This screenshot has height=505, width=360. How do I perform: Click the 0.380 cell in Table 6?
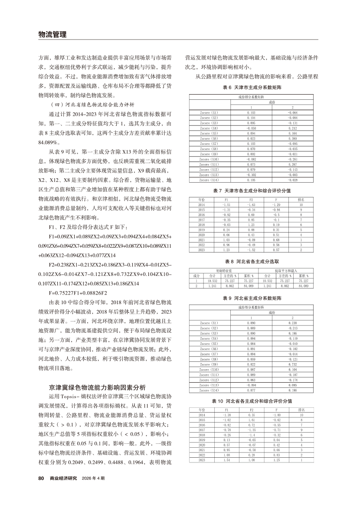click(292, 138)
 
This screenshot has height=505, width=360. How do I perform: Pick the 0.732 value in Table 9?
click(292, 364)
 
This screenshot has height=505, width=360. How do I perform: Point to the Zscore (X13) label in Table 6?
click(209, 175)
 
